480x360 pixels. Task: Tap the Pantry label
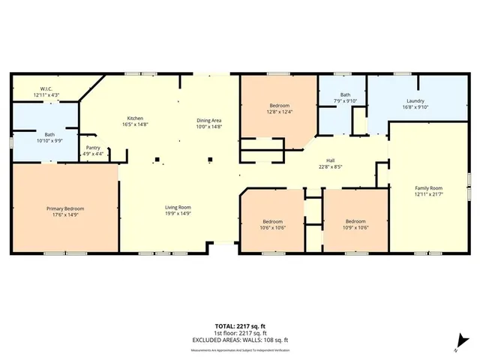tap(93, 148)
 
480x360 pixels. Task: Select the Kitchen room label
tap(135, 118)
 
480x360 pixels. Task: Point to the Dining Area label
tap(209, 121)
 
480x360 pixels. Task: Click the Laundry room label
tap(416, 101)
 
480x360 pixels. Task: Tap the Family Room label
tap(430, 188)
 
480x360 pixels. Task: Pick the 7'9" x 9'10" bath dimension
tap(346, 101)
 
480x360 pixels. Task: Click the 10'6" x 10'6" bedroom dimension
tap(272, 226)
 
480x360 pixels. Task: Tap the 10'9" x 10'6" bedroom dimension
tap(355, 226)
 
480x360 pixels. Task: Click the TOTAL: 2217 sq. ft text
tap(240, 325)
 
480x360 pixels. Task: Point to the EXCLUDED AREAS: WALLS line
tap(240, 339)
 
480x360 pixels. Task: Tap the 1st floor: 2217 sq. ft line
tap(240, 332)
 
